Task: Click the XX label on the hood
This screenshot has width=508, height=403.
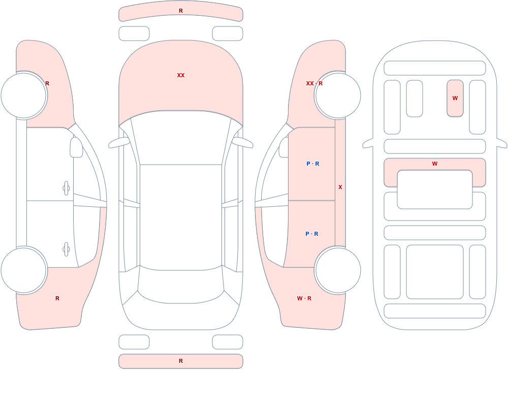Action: point(181,75)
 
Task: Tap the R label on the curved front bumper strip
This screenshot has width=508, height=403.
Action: point(181,11)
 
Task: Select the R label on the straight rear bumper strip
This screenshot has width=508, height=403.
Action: point(181,361)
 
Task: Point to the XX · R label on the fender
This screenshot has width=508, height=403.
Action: point(314,83)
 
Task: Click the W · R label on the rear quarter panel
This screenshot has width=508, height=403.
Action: point(304,298)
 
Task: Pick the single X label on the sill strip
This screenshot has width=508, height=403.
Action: point(340,187)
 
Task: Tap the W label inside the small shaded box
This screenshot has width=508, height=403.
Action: point(455,98)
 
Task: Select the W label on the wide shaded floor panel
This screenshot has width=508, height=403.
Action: point(435,164)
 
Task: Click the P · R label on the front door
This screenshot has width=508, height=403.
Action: point(312,164)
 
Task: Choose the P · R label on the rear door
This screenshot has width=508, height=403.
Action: point(312,234)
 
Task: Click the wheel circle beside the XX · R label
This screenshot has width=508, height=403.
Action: point(338,96)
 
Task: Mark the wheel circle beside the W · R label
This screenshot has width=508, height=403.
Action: point(338,270)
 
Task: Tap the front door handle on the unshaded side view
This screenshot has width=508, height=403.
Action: point(66,189)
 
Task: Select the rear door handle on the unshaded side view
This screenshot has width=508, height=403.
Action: point(66,250)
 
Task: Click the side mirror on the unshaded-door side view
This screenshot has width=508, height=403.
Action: point(77,147)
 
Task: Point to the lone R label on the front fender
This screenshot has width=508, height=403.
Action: point(47,83)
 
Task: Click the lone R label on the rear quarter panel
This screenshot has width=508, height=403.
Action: point(57,298)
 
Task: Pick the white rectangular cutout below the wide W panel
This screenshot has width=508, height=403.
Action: point(435,190)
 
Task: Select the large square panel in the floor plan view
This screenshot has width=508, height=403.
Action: point(435,272)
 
